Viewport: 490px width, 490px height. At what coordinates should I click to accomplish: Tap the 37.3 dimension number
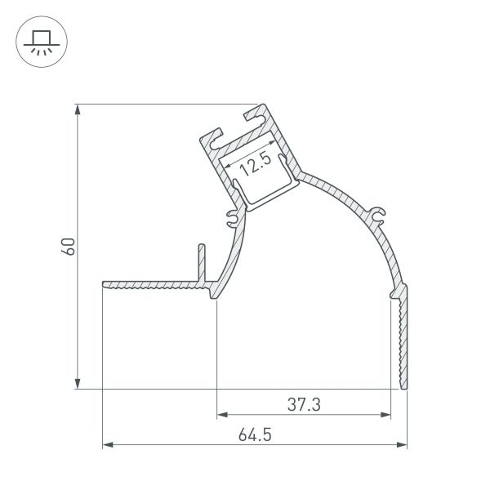(304, 403)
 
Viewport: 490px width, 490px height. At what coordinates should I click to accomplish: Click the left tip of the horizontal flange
(105, 284)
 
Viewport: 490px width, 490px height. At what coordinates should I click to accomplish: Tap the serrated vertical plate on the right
(403, 335)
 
